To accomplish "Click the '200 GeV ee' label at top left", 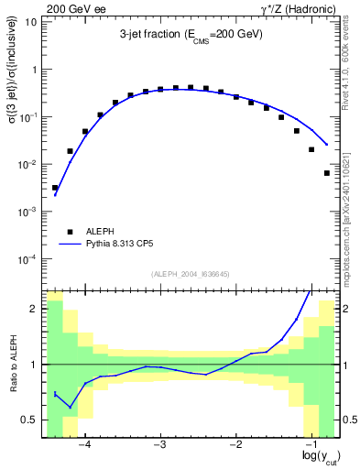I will point(73,8).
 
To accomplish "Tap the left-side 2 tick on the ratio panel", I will point(34,310).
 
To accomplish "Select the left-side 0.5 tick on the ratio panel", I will point(30,420).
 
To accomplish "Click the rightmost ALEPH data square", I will point(327,173).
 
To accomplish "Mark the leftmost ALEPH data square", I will point(55,188).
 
